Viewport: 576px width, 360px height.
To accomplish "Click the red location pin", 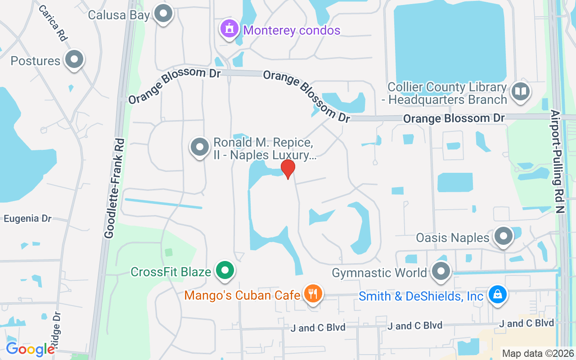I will [x=288, y=169].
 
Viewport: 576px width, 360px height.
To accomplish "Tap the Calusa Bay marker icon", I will [x=163, y=13].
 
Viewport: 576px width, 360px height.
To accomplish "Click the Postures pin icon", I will [x=74, y=59].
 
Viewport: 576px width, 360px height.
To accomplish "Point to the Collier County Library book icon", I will [x=521, y=91].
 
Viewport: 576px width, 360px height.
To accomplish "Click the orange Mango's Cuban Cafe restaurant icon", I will [x=313, y=294].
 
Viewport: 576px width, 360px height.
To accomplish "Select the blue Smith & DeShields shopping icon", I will [x=497, y=295].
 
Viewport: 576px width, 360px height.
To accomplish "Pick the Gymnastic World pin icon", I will [x=441, y=271].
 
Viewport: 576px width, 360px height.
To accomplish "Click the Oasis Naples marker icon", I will [x=503, y=236].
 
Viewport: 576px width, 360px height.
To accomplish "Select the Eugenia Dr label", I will [x=27, y=219].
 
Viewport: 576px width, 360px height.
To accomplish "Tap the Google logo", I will [x=30, y=349].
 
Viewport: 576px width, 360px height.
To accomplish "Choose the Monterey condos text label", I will [x=292, y=30].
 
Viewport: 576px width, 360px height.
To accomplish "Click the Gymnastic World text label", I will [x=379, y=273].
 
